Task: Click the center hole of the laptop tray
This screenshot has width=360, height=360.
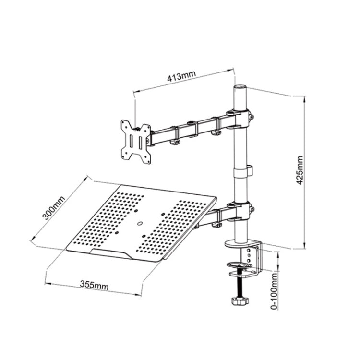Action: point(140,223)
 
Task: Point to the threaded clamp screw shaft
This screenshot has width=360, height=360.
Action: point(239,287)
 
